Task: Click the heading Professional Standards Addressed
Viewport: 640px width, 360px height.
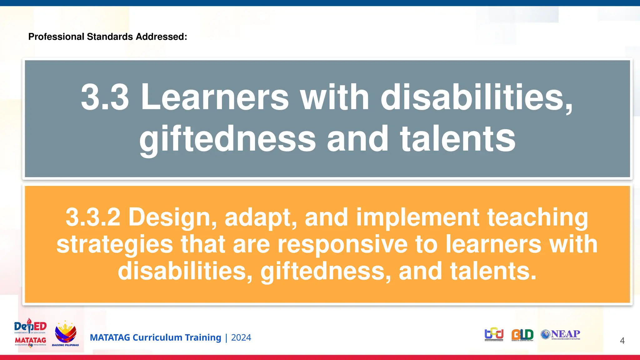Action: (x=107, y=37)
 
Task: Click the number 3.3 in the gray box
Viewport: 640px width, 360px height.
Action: (x=105, y=97)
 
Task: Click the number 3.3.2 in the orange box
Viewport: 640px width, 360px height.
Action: (x=93, y=217)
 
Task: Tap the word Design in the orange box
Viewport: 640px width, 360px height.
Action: (x=172, y=217)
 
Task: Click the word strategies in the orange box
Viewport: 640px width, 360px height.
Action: (x=115, y=244)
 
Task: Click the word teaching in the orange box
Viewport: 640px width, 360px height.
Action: (x=537, y=217)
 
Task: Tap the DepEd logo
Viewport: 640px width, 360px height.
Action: (x=30, y=327)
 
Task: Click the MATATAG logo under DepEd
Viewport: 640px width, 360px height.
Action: (x=30, y=341)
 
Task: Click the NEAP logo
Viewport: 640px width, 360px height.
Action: (x=561, y=334)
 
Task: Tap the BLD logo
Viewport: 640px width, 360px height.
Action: (x=522, y=335)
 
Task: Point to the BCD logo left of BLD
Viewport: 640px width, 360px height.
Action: (x=494, y=334)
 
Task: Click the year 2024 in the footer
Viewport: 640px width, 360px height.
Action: (x=241, y=338)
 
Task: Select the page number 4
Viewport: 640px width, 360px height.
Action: (x=622, y=341)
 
